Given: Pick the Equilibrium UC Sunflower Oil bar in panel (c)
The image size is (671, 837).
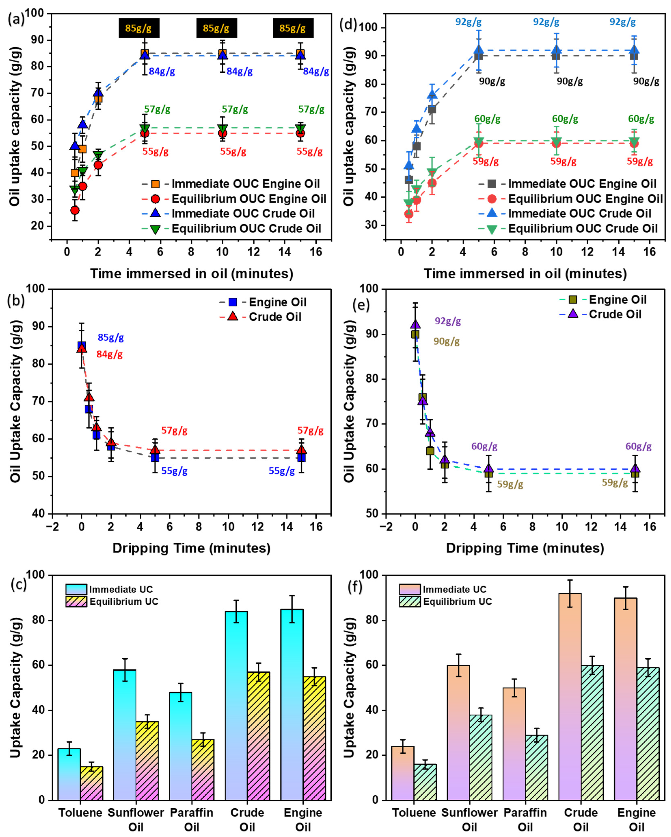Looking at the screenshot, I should click(147, 761).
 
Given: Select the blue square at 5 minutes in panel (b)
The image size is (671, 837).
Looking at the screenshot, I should click(155, 457).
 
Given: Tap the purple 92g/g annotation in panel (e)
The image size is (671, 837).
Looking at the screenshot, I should click(448, 321).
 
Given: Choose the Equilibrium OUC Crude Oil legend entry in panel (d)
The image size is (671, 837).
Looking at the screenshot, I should click(583, 229).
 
